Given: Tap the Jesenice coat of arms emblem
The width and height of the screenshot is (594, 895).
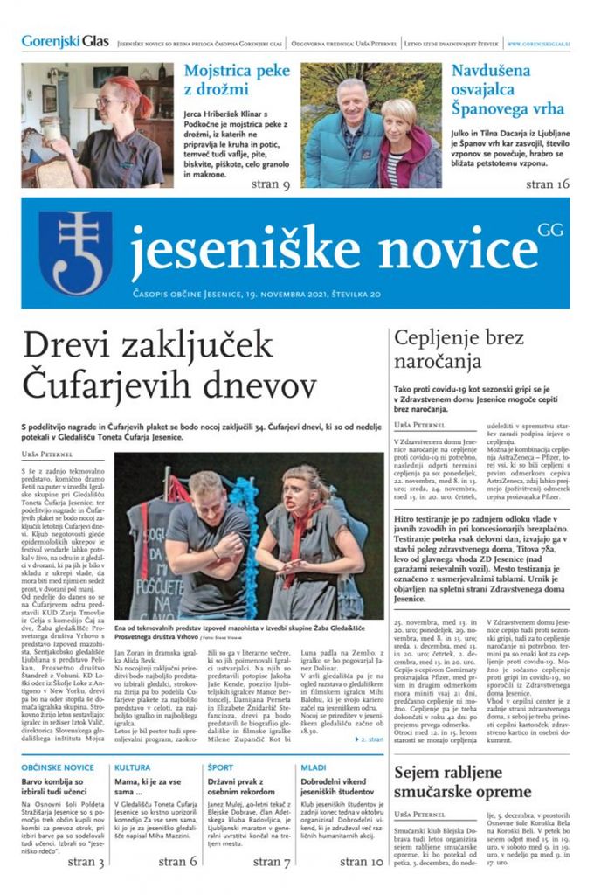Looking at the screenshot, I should coord(76,253).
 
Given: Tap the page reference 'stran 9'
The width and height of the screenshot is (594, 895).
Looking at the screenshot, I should coord(272,184).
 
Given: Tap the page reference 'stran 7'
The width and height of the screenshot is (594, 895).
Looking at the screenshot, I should coord(272,862).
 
